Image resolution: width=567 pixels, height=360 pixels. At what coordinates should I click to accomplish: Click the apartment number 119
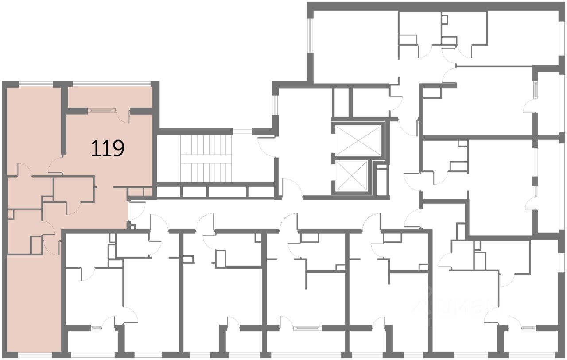point(107,148)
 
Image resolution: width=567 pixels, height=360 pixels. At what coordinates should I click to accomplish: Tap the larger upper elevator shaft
point(358,140)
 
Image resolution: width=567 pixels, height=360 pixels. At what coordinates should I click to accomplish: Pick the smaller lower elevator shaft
point(352,176)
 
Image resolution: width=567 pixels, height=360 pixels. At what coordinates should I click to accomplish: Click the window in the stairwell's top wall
point(242,131)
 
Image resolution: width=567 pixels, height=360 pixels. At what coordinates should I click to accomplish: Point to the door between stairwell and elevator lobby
point(267,147)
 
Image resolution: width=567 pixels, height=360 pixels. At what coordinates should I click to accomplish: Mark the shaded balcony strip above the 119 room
point(110,96)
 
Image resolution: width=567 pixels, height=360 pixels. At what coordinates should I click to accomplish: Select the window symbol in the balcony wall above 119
point(102,110)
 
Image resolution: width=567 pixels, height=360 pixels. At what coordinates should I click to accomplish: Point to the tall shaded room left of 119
point(34,128)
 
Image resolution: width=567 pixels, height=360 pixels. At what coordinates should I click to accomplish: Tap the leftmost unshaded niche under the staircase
point(169,192)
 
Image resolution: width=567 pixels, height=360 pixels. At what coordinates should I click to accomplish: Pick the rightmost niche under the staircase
point(260,192)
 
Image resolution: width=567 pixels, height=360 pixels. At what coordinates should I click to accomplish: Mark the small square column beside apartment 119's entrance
point(130,226)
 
